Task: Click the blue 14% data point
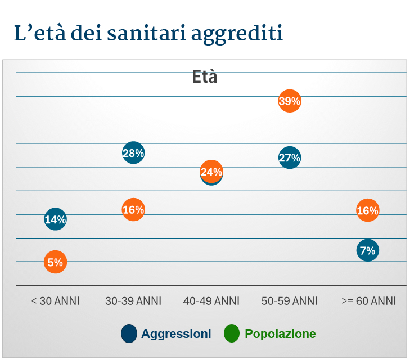(55, 219)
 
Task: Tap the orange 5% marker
(55, 262)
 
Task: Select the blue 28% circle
(133, 152)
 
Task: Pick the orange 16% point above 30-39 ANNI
(133, 210)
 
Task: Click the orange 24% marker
(211, 172)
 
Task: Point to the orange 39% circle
(290, 101)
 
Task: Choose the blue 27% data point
(290, 157)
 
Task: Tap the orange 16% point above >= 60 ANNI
(367, 210)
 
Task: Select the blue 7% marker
(367, 250)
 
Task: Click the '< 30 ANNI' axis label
(55, 301)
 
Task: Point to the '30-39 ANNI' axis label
(133, 301)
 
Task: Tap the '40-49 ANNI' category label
(211, 301)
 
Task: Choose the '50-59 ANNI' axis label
(290, 301)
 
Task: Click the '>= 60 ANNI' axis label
(369, 301)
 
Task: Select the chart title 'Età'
(205, 77)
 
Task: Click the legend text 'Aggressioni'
(176, 334)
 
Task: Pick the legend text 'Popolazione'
(280, 334)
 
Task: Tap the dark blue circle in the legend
(129, 334)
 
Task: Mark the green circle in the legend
(232, 334)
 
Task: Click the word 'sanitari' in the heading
(148, 34)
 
